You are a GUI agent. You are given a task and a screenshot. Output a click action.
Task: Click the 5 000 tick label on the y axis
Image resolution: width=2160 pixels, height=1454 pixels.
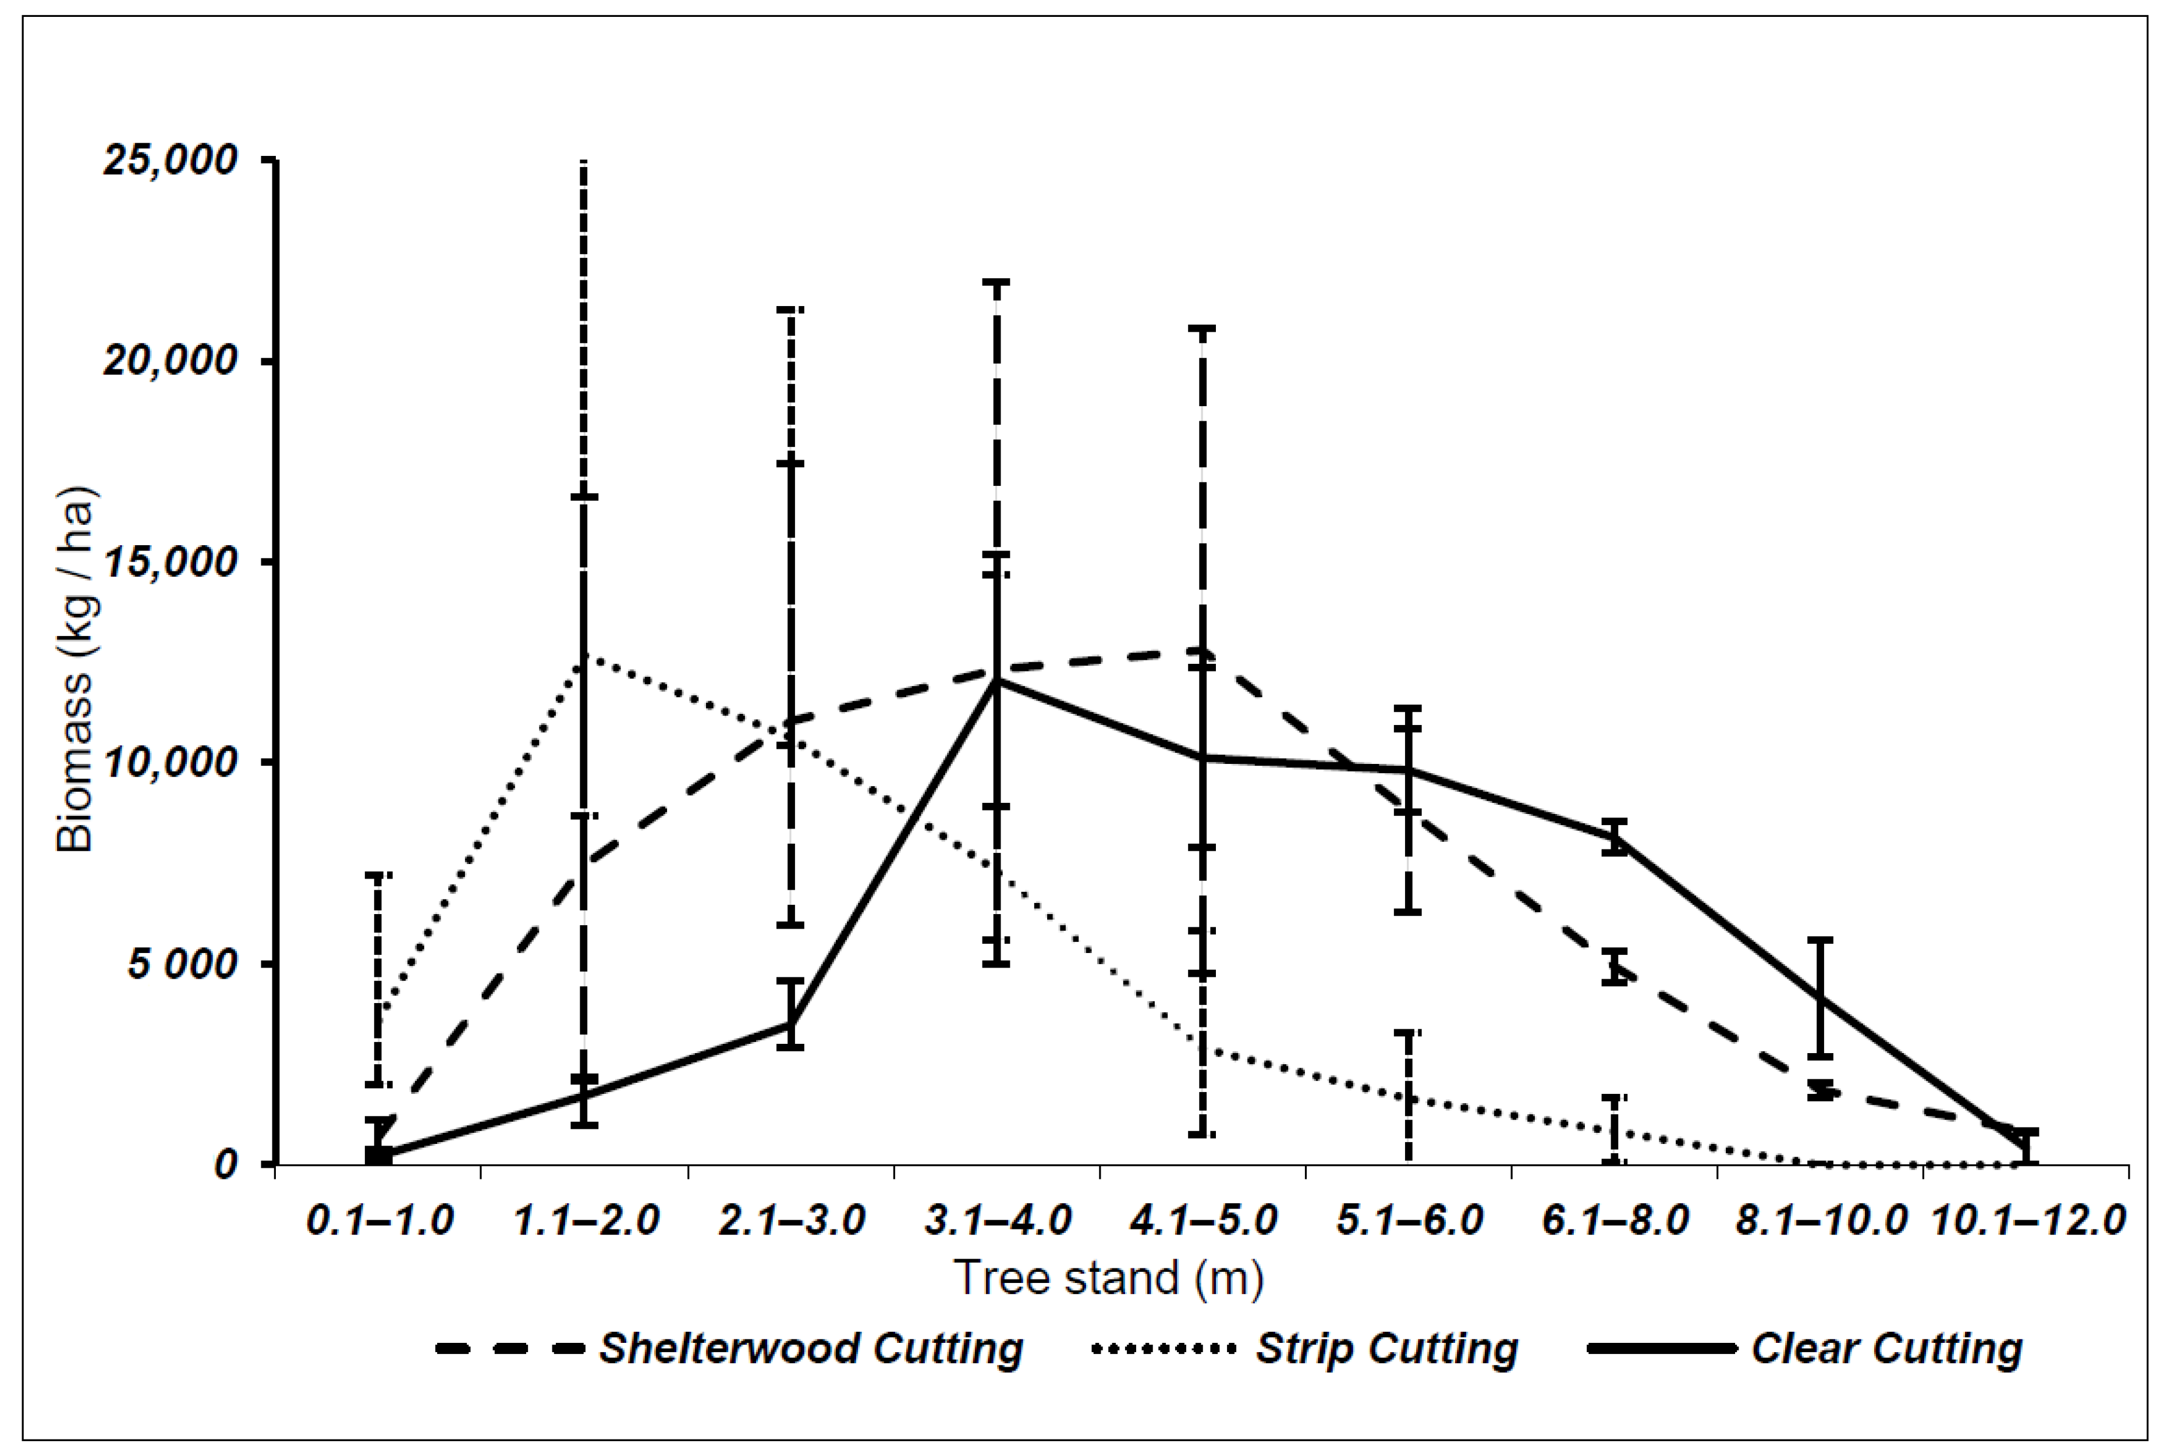[x=182, y=964]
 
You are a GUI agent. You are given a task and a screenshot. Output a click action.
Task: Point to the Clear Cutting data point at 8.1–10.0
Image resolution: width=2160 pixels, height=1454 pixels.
[x=1821, y=998]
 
